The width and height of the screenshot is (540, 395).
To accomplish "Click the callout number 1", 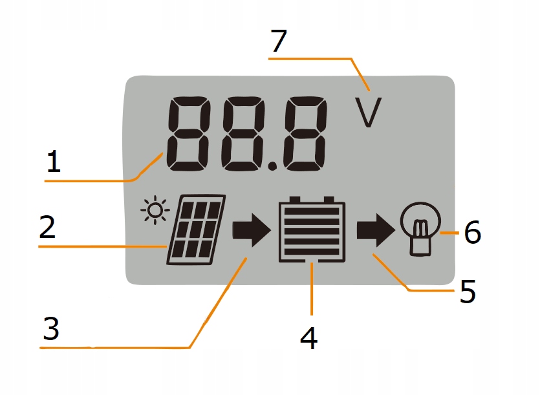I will pyautogui.click(x=53, y=161).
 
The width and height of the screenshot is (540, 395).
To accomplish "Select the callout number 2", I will pyautogui.click(x=47, y=227).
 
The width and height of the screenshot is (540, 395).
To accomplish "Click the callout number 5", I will pyautogui.click(x=468, y=292).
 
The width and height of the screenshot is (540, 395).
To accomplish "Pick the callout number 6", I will pyautogui.click(x=472, y=233).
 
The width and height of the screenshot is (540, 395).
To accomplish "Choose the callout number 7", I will pyautogui.click(x=278, y=41).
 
